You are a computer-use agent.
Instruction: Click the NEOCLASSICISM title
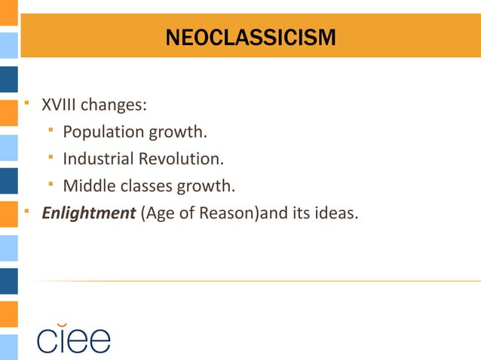click(251, 38)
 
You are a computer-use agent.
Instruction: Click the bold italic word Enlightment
click(88, 213)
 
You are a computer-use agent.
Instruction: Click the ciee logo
click(74, 339)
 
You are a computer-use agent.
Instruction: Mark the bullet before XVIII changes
click(26, 101)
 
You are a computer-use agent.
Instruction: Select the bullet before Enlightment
click(26, 209)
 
